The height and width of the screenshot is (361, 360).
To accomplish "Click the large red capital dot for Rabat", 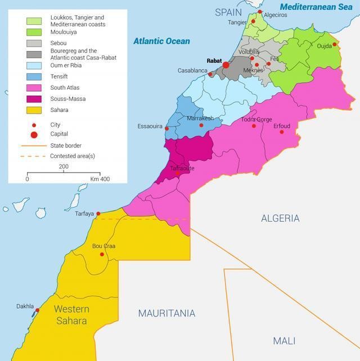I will click(x=226, y=65).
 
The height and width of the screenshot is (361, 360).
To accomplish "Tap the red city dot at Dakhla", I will click(x=38, y=310).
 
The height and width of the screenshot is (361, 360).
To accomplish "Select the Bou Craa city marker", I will click(x=102, y=254).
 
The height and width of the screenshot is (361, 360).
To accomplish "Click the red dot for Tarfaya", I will click(x=98, y=214).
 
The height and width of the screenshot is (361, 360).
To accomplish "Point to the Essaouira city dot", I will click(x=167, y=128).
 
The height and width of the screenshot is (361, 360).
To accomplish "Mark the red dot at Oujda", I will click(x=335, y=44).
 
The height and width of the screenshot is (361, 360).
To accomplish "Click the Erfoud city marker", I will click(x=282, y=132).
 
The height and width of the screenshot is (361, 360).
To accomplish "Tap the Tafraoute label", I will click(x=182, y=168).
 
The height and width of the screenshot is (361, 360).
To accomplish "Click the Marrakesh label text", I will click(x=200, y=119).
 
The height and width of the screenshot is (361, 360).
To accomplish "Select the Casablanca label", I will click(x=192, y=71).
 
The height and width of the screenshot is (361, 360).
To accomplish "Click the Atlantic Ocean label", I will click(x=161, y=41).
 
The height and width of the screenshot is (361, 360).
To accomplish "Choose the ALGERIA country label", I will click(x=280, y=218).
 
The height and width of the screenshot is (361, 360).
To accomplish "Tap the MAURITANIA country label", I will click(x=167, y=313).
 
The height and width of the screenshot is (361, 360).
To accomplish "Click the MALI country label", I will click(x=284, y=341).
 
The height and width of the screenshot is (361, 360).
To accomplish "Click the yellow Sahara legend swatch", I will click(x=34, y=110).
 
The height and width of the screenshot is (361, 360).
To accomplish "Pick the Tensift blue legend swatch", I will click(x=34, y=76).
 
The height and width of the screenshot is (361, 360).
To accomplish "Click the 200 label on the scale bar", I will click(x=64, y=166).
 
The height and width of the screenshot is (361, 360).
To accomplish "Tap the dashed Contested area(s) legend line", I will click(x=32, y=156).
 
